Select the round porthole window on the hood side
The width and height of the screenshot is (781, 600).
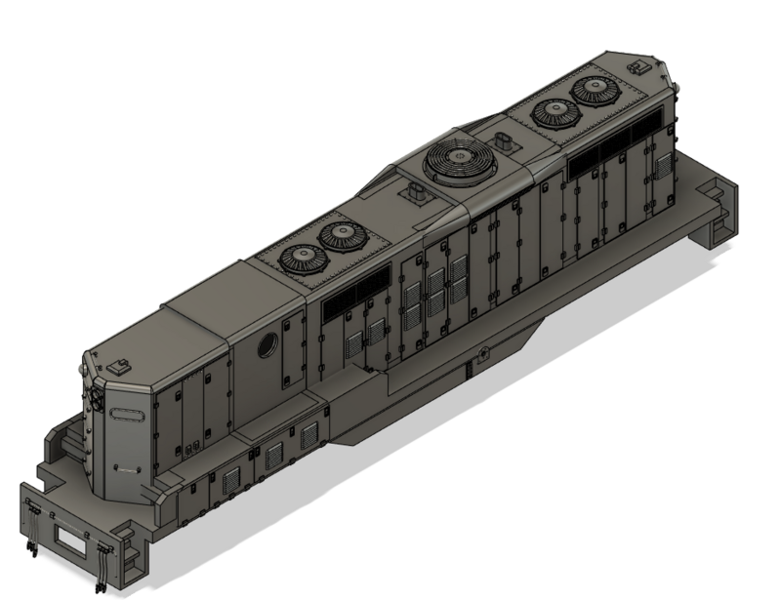coord(265,345)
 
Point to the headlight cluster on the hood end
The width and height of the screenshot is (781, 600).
coord(98,400)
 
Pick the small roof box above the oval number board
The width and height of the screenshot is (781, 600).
coord(121,366)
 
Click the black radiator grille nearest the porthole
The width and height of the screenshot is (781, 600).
coord(341,302)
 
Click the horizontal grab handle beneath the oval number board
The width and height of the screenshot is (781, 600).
coord(125,468)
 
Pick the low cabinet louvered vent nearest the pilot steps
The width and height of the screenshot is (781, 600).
coord(231,478)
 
